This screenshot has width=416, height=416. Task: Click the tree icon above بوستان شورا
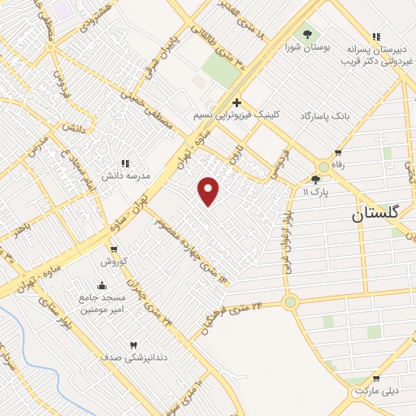pyautogui.click(x=308, y=34)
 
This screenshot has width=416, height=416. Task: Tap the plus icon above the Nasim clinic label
pyautogui.click(x=236, y=102)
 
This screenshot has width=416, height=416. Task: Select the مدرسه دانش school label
pyautogui.click(x=123, y=175)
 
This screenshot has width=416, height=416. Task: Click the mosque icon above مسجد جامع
pyautogui.click(x=102, y=285)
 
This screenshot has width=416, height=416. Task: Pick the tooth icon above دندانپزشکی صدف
pyautogui.click(x=133, y=344)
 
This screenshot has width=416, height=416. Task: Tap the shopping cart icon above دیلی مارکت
pyautogui.click(x=375, y=378)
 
